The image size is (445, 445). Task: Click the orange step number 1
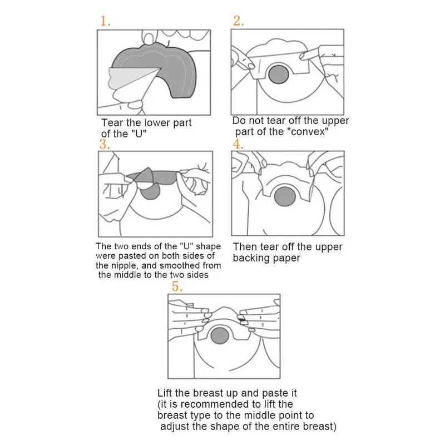105,21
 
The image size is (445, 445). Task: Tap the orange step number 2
239,21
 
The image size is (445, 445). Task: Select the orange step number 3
105,144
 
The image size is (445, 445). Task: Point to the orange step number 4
238,144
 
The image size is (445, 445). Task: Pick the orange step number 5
177,286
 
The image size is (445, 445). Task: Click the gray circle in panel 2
279,75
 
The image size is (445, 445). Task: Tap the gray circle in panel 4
285,197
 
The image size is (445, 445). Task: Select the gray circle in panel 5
220,335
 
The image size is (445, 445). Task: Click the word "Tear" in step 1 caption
112,123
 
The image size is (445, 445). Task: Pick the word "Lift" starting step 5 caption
165,393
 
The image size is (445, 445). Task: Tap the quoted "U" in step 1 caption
139,134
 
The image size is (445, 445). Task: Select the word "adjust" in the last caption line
175,427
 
